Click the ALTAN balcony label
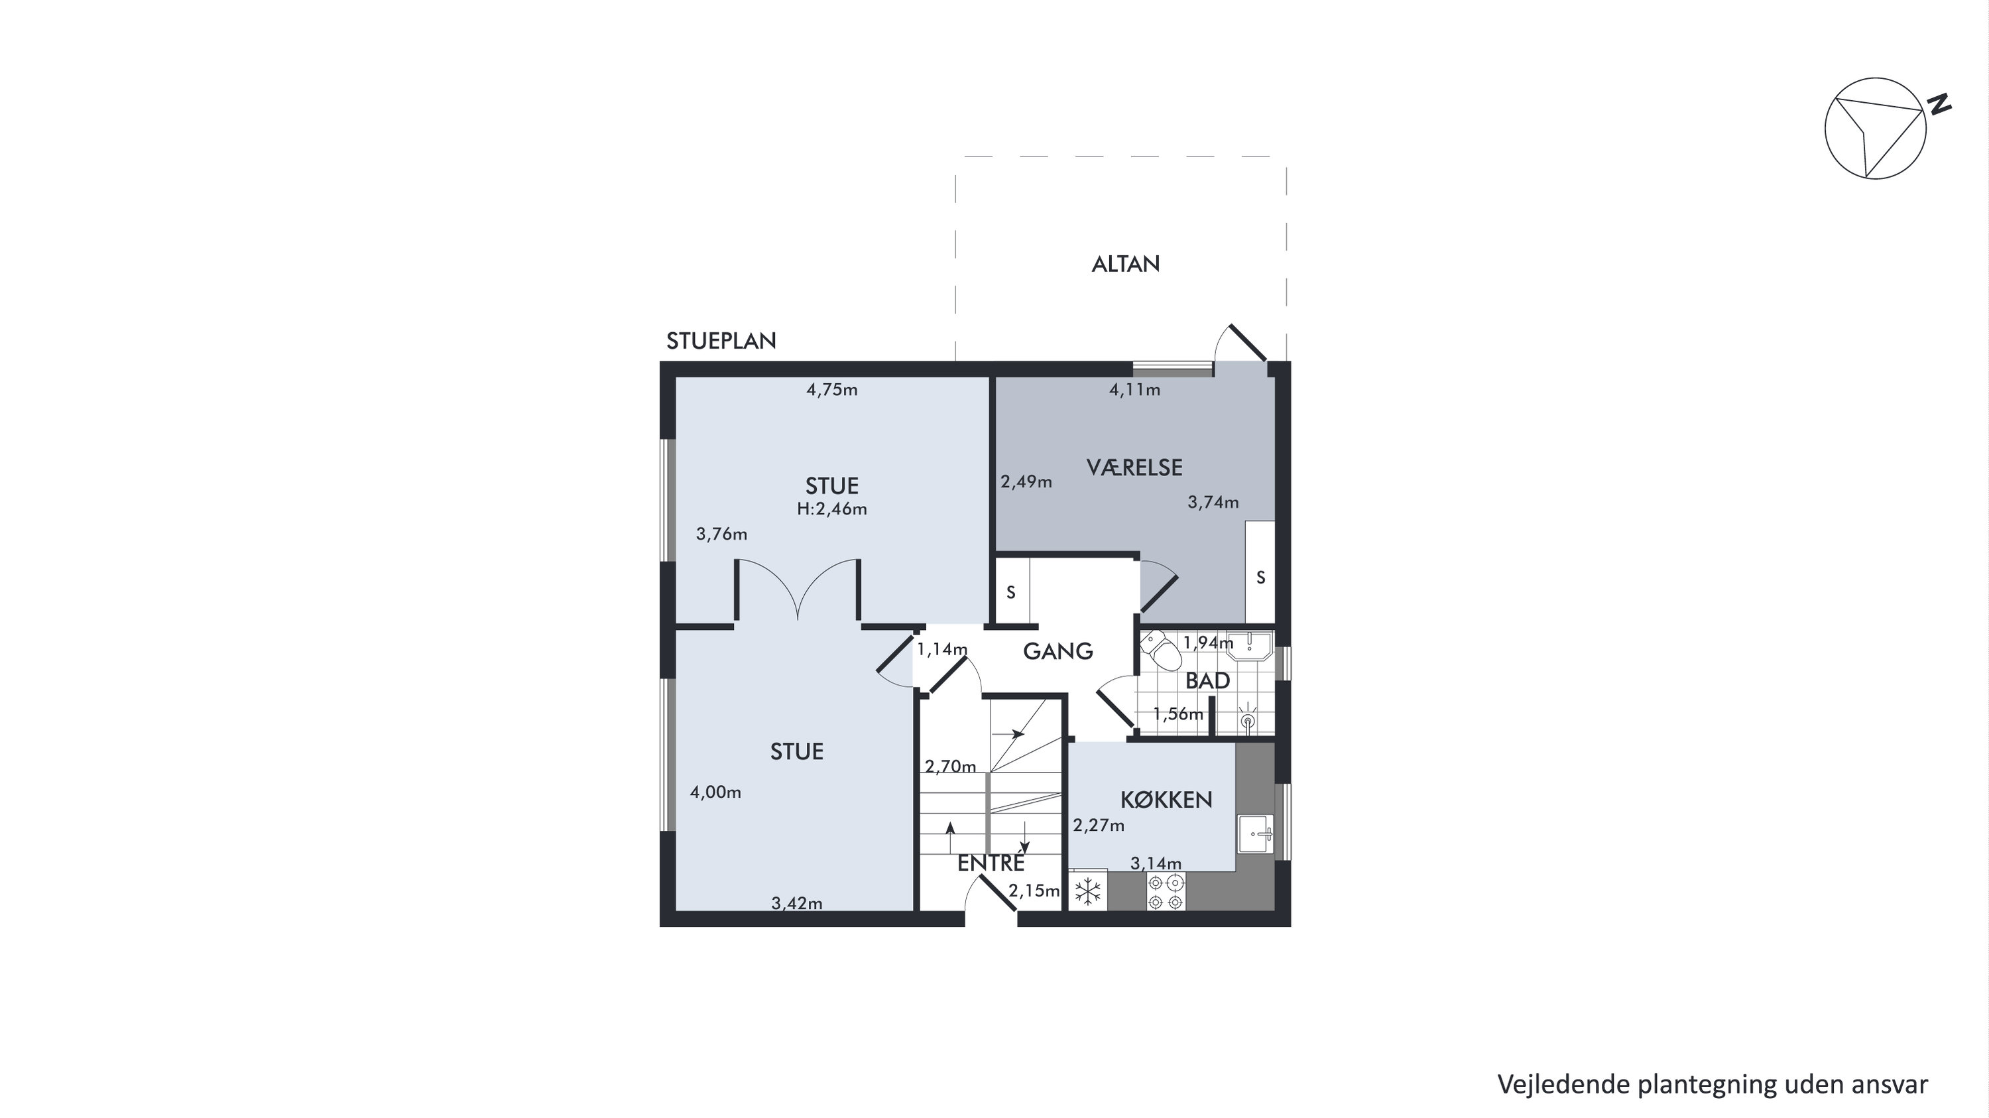pos(1125,264)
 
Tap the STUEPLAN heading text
pos(721,340)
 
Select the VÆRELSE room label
pos(1134,467)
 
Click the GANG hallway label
pos(1057,651)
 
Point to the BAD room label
pos(1207,680)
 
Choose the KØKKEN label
pos(1166,799)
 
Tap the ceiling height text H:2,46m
pos(831,509)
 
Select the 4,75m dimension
pos(831,390)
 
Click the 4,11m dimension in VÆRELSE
pos(1134,390)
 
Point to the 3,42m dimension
pos(797,902)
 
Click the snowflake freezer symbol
pos(1088,892)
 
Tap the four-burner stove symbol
pos(1165,892)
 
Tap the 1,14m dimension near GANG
pos(942,649)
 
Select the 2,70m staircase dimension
pos(951,767)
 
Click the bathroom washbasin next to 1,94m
pos(1248,645)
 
